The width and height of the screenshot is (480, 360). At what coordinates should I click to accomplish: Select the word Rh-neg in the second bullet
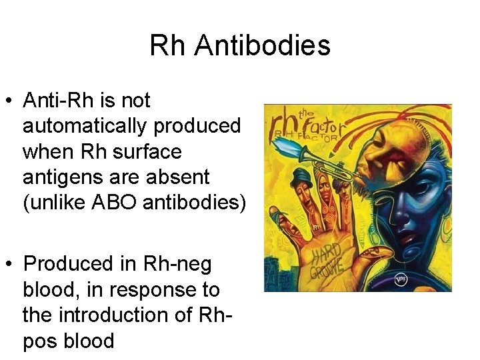(177, 264)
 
